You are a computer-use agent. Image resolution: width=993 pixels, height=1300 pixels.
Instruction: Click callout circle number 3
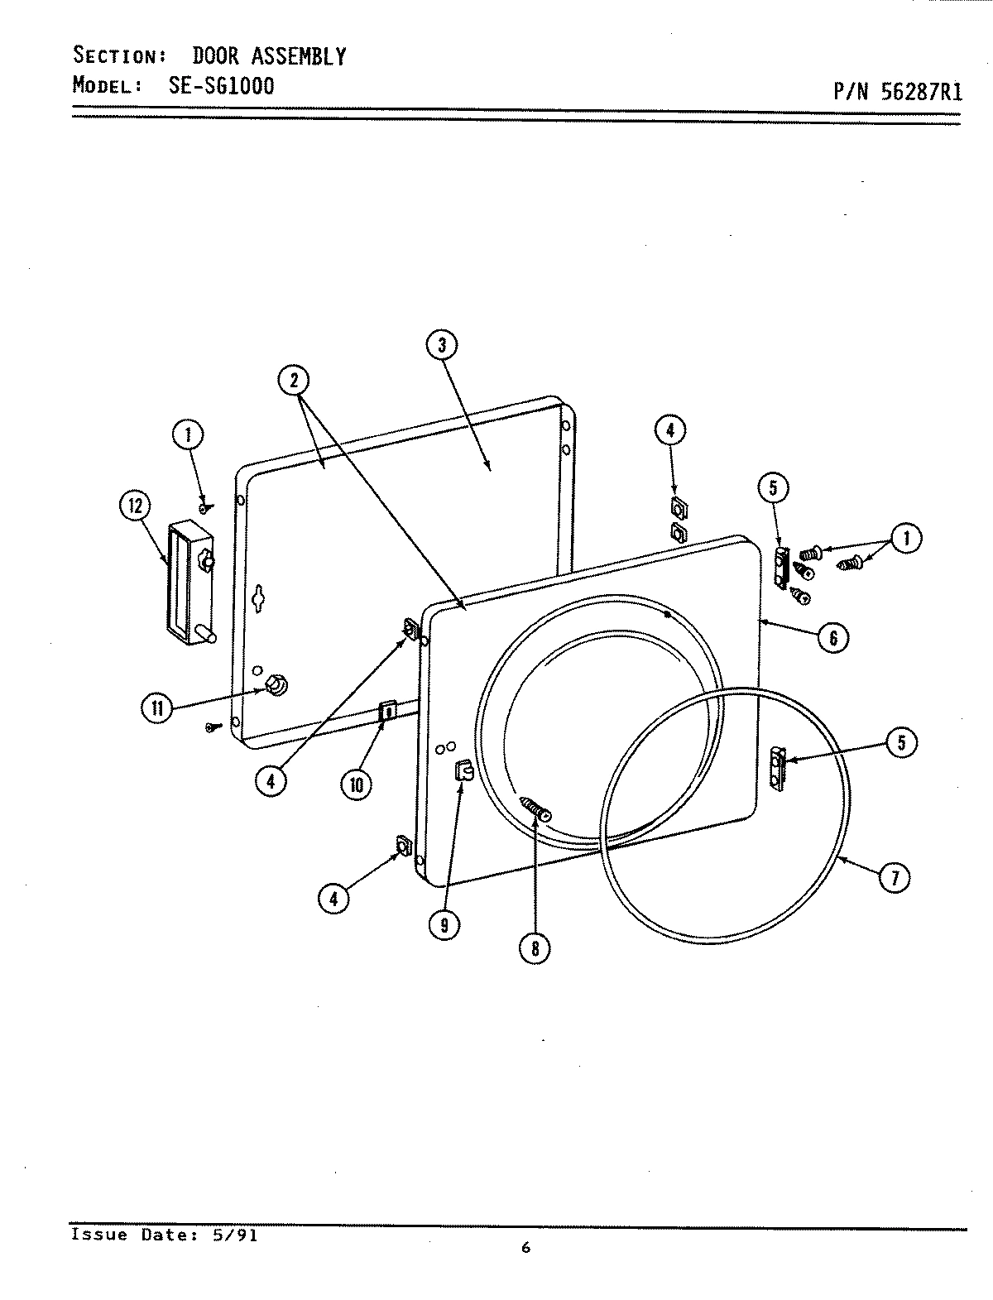click(x=442, y=345)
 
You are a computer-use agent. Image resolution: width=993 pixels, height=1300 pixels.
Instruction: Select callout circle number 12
click(x=135, y=505)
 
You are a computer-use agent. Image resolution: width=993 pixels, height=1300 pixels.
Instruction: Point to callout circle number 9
click(x=444, y=925)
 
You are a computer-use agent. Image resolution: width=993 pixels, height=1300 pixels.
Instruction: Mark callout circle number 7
click(x=894, y=876)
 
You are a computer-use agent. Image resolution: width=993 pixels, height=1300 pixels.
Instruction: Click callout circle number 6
click(x=833, y=636)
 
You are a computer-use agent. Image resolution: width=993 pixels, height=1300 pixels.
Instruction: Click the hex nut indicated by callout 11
click(x=276, y=685)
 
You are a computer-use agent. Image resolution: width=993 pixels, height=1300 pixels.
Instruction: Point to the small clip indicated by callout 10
click(x=386, y=710)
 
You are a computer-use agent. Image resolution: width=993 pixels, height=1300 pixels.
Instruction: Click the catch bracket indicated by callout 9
click(x=463, y=771)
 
